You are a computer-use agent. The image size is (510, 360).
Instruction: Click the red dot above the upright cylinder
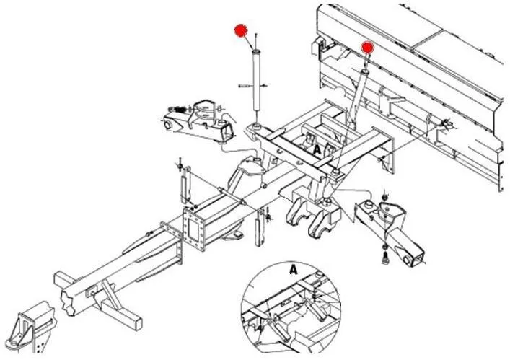(241, 30)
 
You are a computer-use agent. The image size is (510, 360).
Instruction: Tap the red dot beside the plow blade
(368, 48)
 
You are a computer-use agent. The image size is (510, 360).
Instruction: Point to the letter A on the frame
(317, 149)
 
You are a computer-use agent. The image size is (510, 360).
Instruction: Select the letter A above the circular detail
(294, 270)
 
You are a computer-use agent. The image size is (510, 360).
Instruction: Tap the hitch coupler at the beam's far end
(32, 328)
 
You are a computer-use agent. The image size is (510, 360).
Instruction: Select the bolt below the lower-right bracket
(384, 260)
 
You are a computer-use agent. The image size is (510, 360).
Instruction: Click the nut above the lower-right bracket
(384, 197)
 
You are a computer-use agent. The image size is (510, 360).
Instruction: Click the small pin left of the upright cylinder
(245, 86)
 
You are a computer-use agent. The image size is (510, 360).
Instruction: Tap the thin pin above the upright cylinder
(257, 40)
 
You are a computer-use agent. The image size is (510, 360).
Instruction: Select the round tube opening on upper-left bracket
(168, 125)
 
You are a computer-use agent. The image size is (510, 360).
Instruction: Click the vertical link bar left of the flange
(186, 186)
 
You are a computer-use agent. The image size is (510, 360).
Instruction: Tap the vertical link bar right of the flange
(260, 228)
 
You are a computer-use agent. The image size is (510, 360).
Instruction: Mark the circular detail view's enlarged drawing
(291, 307)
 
